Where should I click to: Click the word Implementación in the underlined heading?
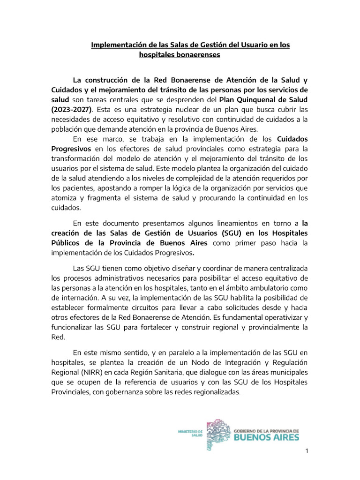118,45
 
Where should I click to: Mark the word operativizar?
278,317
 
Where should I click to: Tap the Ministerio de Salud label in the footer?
189,432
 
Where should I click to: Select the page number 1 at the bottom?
306,451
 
